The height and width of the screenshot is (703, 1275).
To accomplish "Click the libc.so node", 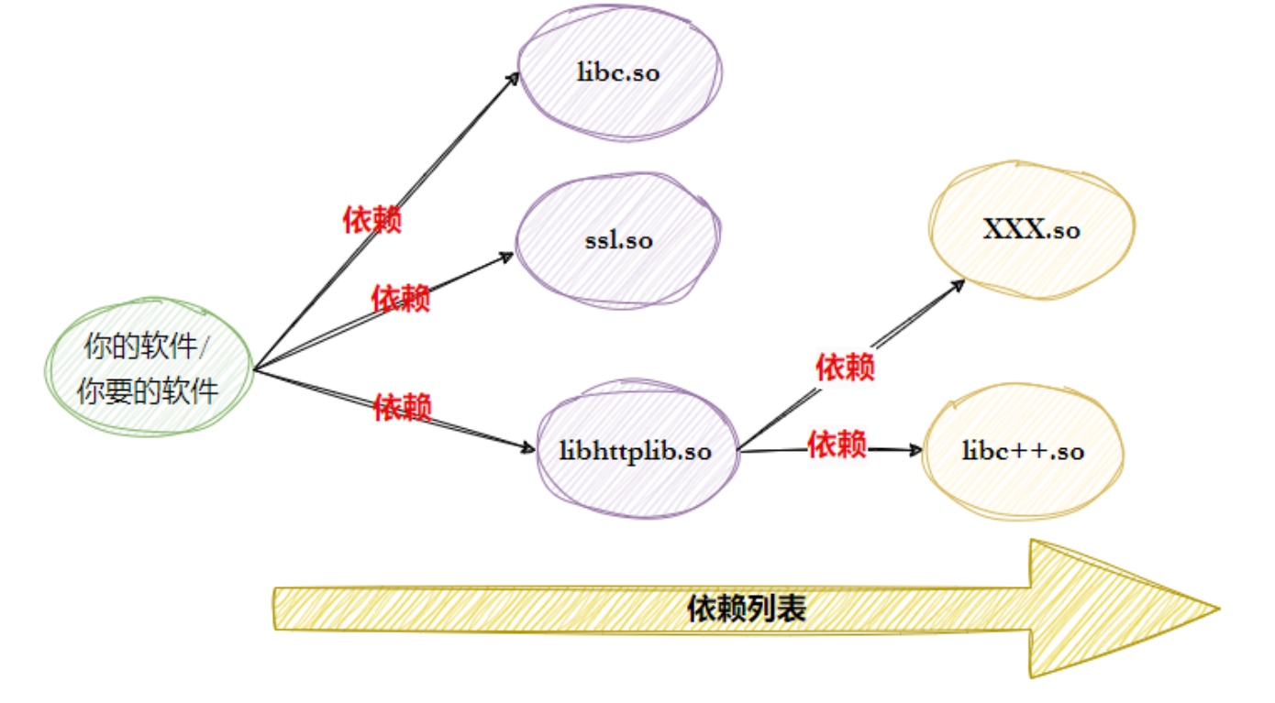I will point(619,73).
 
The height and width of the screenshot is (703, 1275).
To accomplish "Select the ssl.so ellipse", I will point(617,240).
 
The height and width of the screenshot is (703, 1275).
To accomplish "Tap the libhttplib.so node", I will point(636,451).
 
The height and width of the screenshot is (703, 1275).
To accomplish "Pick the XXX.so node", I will point(1031,229).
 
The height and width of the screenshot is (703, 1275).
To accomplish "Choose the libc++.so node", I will point(1023,451).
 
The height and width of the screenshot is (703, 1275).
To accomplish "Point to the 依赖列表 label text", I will point(747,609).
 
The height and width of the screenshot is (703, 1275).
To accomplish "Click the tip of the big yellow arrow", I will point(1215,608).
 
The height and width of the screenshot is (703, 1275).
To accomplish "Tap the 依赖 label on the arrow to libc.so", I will point(372,220).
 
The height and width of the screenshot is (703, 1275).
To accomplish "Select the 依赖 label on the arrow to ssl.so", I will point(401,298).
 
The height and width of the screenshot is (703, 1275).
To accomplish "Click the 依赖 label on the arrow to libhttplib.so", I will point(403,406).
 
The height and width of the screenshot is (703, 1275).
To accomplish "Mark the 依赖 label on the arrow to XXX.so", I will point(845,368).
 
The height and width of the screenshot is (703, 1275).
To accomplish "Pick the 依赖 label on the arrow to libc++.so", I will point(837,445).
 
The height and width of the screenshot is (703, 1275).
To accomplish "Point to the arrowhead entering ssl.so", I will point(508,257).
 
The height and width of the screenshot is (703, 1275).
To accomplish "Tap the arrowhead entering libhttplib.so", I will point(528,448).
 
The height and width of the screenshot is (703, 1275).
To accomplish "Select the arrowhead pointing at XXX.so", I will point(959,284).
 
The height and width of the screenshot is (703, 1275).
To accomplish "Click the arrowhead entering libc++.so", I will point(916,450).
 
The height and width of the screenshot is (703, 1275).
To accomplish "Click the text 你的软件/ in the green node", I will point(147,348).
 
